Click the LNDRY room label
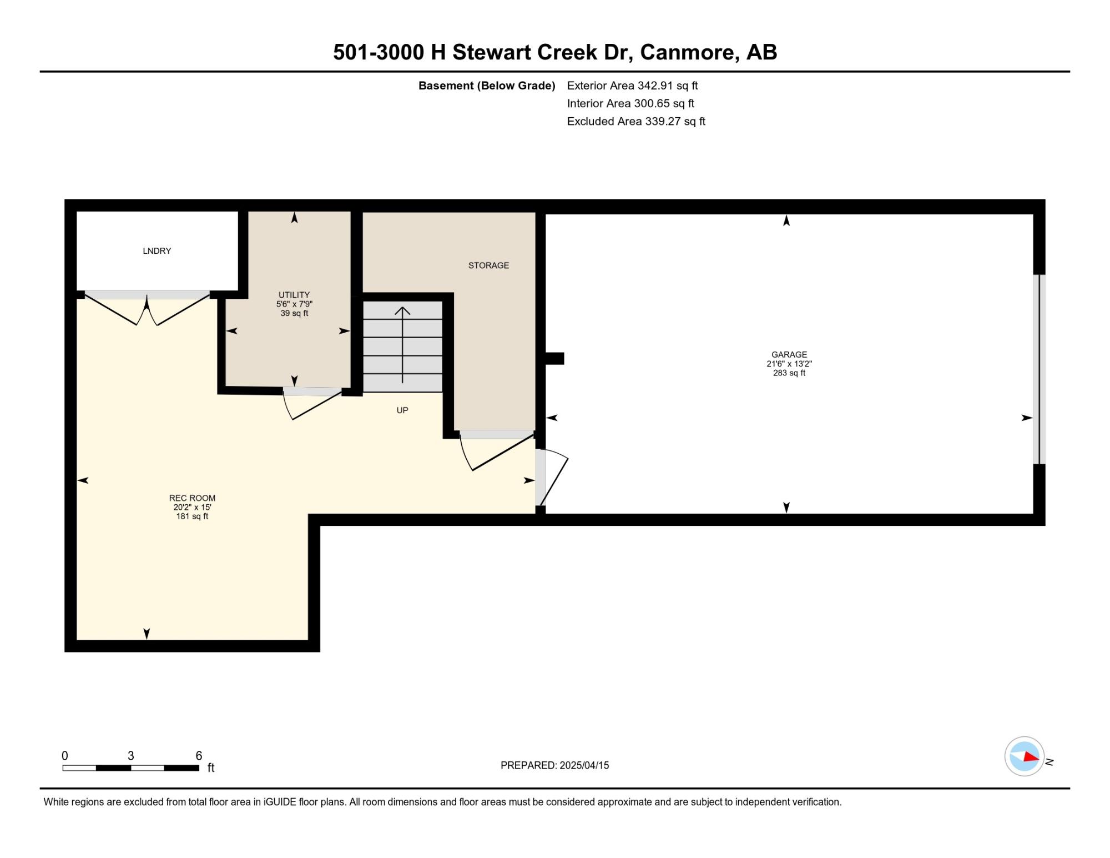(157, 251)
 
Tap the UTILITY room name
(294, 295)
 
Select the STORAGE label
(488, 265)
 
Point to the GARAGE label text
(789, 354)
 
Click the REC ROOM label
(192, 498)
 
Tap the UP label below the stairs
(402, 410)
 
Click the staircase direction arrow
(402, 345)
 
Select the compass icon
(1025, 756)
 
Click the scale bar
(131, 768)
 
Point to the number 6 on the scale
(199, 756)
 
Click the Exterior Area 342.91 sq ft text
(632, 86)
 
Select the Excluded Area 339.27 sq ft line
(636, 121)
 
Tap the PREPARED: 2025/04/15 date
(554, 765)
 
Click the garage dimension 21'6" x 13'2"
(789, 364)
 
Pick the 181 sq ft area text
(192, 516)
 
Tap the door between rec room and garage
(552, 477)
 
